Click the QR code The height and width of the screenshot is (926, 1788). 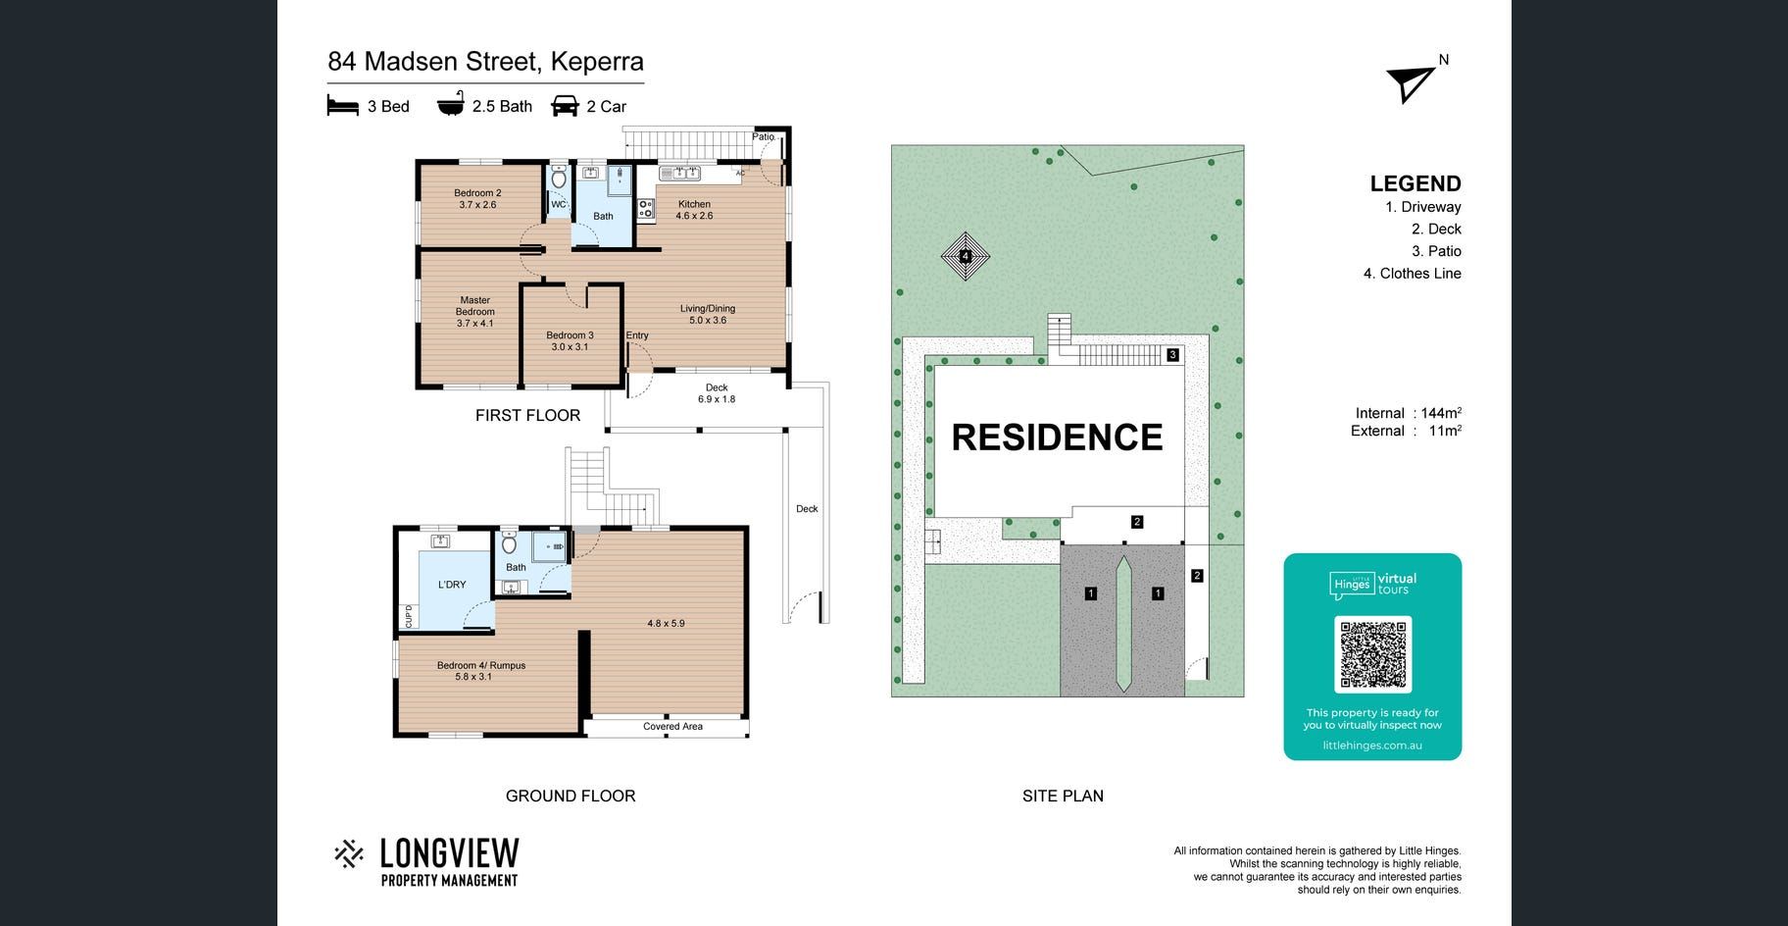tap(1372, 653)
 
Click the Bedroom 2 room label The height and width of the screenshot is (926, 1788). tap(477, 199)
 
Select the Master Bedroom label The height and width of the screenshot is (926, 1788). tap(475, 312)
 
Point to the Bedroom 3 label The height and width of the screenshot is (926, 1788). tap(570, 341)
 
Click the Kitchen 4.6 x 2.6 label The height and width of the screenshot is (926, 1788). tap(694, 210)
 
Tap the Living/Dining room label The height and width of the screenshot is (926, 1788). tap(708, 314)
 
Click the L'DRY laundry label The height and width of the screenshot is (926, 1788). tap(452, 585)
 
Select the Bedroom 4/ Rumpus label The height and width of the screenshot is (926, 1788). tap(481, 671)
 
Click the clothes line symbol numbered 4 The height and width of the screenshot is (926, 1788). tap(966, 257)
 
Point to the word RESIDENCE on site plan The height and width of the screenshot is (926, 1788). tap(1057, 437)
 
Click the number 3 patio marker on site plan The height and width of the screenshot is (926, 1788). tap(1173, 355)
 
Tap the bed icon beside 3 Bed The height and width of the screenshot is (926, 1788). tap(342, 106)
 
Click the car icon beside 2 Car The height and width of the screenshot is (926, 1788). tap(566, 106)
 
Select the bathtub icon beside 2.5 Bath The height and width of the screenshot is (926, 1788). tap(451, 104)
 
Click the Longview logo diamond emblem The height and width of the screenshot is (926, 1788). tap(349, 854)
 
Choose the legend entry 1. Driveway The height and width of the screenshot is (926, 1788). tap(1423, 207)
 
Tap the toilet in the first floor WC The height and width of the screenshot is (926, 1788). tap(559, 179)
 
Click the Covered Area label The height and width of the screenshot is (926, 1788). tap(672, 727)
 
